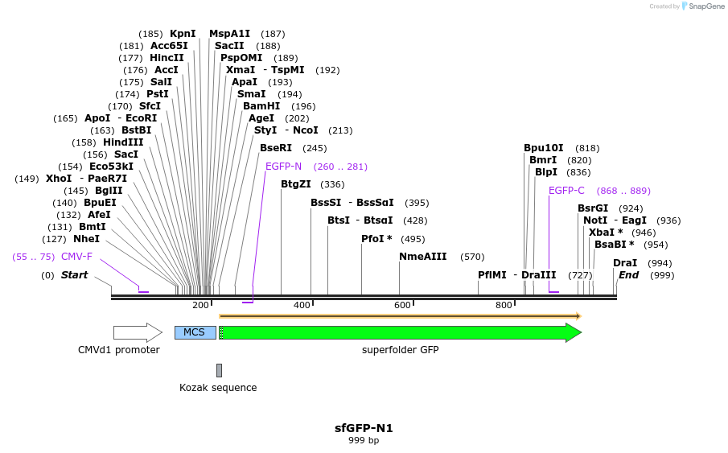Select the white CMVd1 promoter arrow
click(x=137, y=332)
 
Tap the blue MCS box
click(x=195, y=332)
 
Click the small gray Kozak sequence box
click(x=219, y=370)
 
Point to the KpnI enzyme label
click(x=183, y=34)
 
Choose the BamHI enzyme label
click(x=261, y=106)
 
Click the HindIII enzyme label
click(x=123, y=142)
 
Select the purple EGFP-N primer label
click(x=283, y=167)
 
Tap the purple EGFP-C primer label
click(x=566, y=191)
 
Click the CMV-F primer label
click(x=76, y=257)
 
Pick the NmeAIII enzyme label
click(x=422, y=257)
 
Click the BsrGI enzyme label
click(x=593, y=208)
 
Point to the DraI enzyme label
click(x=625, y=263)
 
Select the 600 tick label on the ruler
click(x=402, y=305)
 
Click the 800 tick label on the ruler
click(x=504, y=305)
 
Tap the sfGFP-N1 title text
click(x=364, y=428)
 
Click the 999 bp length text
click(x=364, y=441)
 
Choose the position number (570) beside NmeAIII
click(x=472, y=257)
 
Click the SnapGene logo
click(x=699, y=6)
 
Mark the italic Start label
click(x=74, y=275)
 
